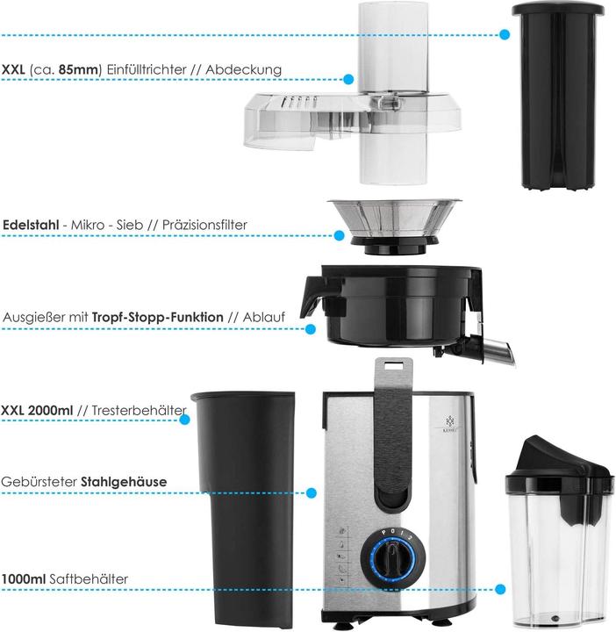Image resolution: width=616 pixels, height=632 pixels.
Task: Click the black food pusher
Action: point(558,96)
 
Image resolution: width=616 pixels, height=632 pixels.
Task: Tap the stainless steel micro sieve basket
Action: point(394,226)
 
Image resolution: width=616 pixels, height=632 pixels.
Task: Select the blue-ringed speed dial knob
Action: point(393,557)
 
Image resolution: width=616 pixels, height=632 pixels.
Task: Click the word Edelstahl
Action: point(31,225)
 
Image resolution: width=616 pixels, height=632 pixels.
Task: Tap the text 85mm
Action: point(79,69)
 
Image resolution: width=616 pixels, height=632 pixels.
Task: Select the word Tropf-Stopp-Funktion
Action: point(158,317)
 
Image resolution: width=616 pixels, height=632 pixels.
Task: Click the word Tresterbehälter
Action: point(139,410)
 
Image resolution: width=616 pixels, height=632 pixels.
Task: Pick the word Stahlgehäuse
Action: point(124,482)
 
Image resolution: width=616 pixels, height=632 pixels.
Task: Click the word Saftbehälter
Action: point(89,579)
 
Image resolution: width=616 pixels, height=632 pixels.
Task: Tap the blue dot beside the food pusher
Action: point(504,34)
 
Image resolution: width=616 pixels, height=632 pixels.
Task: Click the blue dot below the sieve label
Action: point(340,235)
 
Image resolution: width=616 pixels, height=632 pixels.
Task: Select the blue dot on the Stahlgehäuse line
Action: point(311,492)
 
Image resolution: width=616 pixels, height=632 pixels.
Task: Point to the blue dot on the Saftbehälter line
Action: point(500,589)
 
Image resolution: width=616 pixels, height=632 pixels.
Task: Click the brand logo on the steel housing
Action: point(450,425)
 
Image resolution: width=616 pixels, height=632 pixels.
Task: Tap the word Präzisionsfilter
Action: point(204,225)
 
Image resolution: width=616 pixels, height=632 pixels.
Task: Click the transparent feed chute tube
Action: point(393,93)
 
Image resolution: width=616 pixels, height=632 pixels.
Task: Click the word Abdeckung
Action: point(244,69)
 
